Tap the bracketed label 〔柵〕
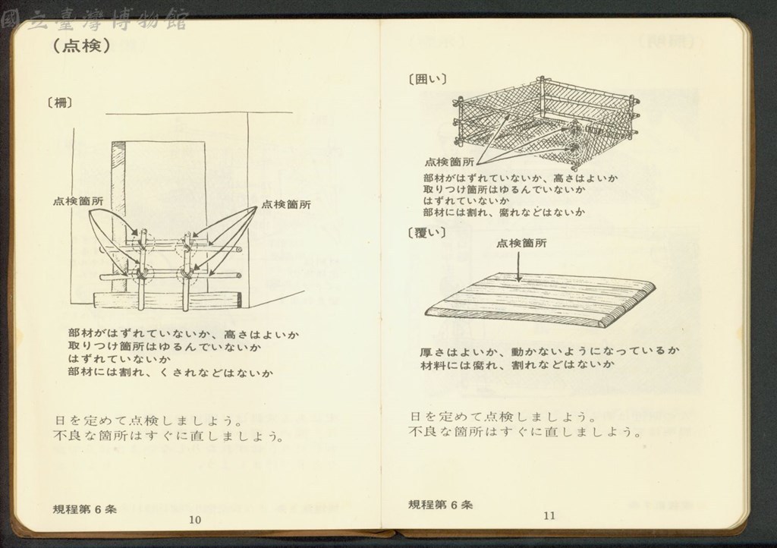coord(60,103)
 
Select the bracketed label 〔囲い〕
coord(427,79)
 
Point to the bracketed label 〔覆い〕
coord(426,232)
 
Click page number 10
coord(195,519)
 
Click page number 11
coord(549,515)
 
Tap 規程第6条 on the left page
coord(85,509)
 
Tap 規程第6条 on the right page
coord(441,505)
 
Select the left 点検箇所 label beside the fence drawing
coord(78,201)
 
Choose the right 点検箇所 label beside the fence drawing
coord(286,204)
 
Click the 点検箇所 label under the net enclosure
coord(449,162)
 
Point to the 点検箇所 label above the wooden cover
coord(521,243)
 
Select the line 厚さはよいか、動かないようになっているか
coord(549,351)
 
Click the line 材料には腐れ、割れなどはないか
coord(517,364)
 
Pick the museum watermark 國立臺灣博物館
coord(95,20)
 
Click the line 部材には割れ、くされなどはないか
coord(171,373)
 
